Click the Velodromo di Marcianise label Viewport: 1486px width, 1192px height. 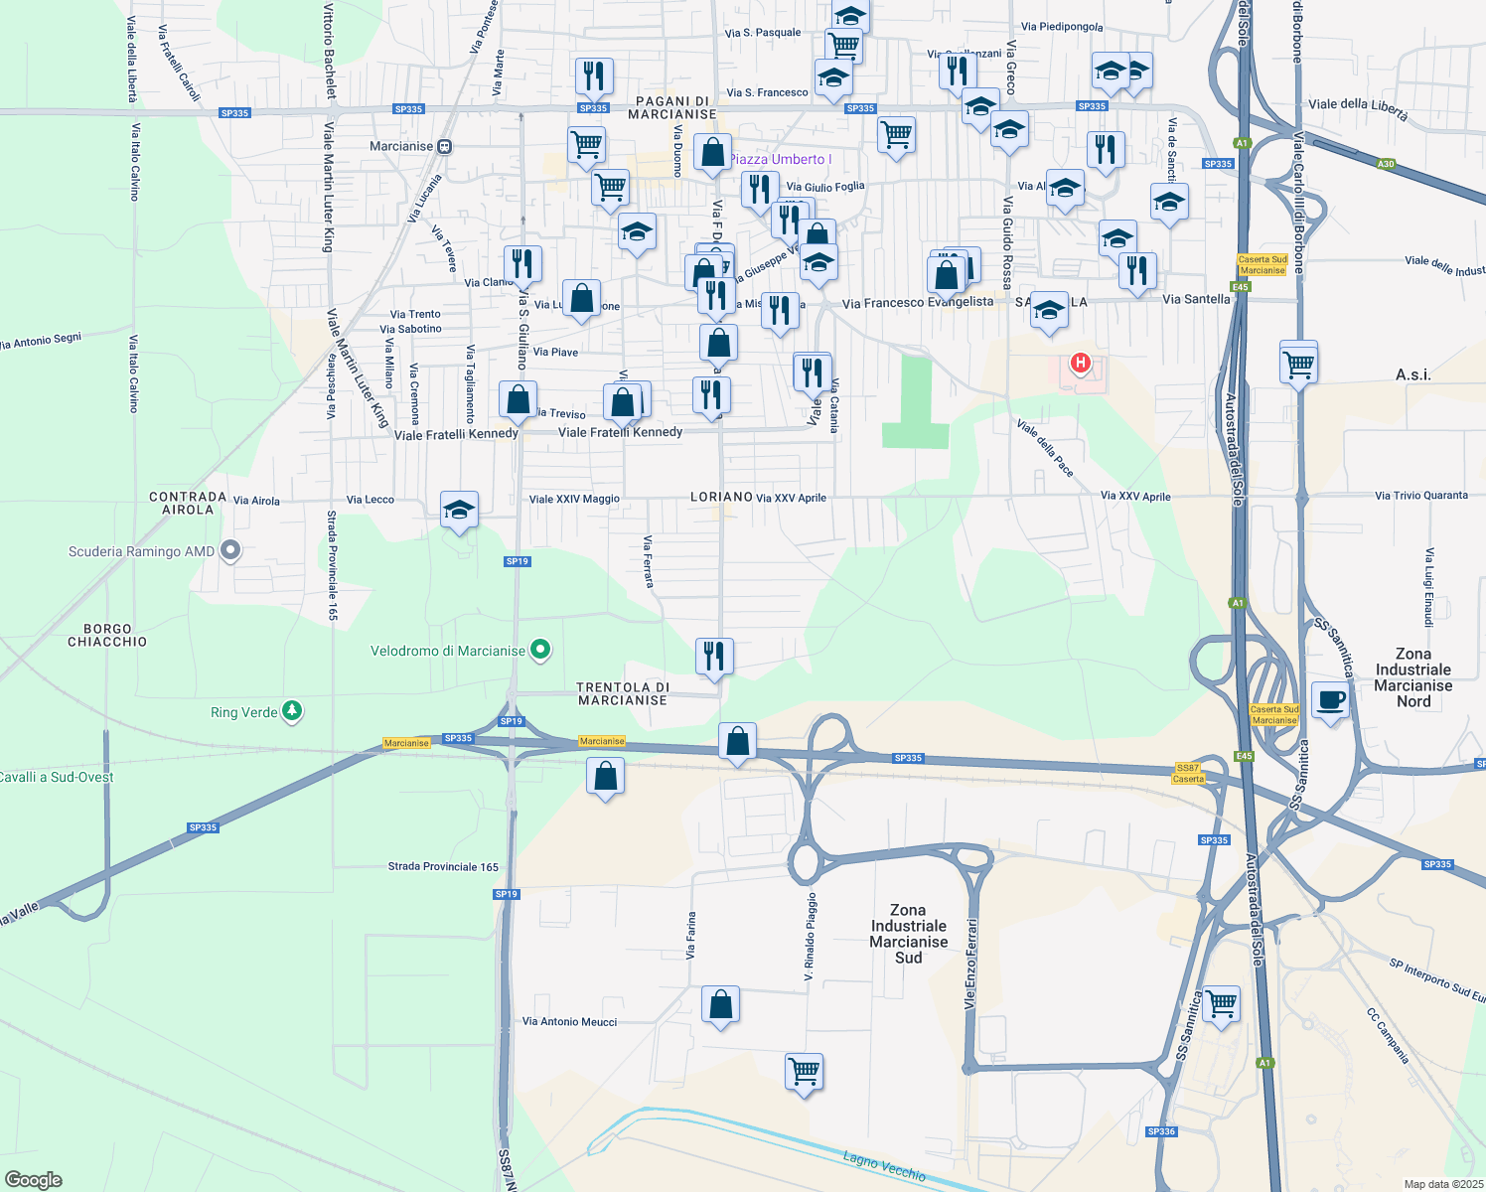448,652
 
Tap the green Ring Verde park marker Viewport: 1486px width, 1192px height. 291,711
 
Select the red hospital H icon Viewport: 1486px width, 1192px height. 1080,364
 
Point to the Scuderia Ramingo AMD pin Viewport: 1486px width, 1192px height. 230,550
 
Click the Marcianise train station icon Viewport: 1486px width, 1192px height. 444,146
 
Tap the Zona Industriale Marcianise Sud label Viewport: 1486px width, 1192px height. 909,934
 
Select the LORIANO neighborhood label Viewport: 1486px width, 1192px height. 721,497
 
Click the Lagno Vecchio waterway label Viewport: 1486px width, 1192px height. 884,1165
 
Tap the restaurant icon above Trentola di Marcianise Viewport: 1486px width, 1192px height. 714,656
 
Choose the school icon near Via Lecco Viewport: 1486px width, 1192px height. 459,510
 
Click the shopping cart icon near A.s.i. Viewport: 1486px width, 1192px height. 1299,364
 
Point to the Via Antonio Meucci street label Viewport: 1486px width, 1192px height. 569,1021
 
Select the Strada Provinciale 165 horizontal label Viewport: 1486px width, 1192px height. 443,866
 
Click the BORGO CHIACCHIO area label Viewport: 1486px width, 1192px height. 107,636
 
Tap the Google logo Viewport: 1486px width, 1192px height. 34,1179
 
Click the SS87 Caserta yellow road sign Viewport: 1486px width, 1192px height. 1188,773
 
